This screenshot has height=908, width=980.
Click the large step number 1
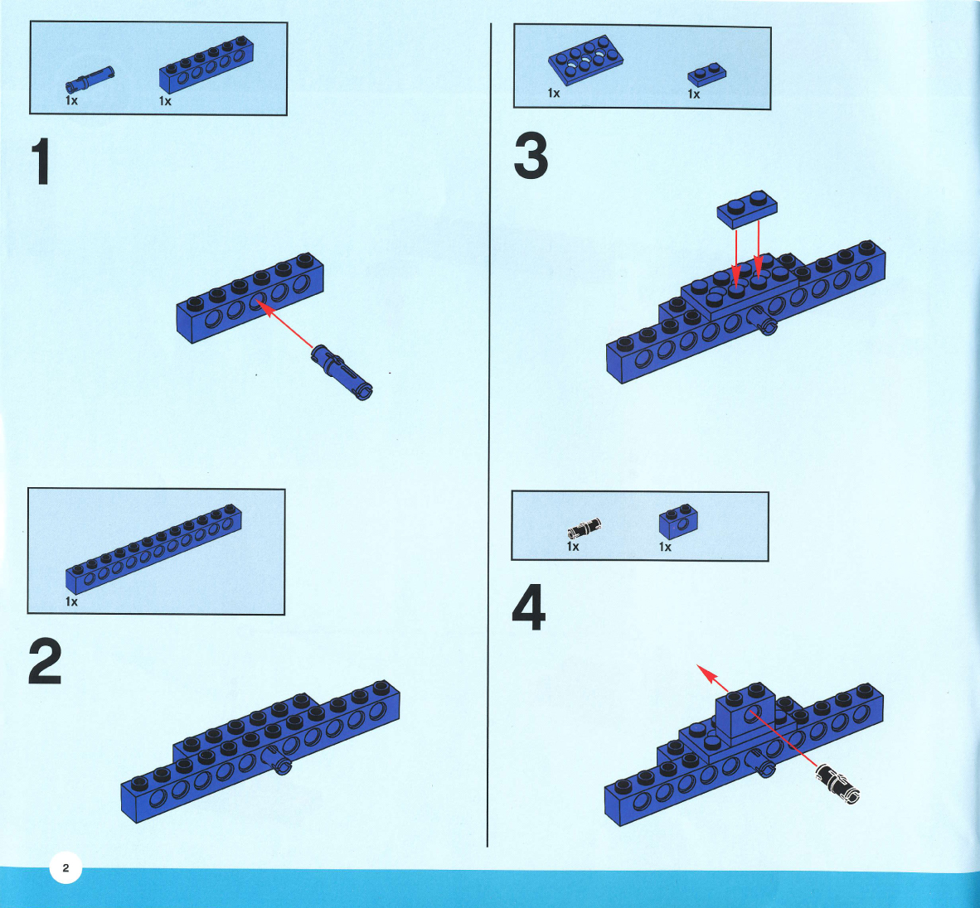click(x=41, y=162)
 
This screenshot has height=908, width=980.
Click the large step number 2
click(x=45, y=661)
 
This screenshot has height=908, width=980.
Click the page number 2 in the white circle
click(x=65, y=867)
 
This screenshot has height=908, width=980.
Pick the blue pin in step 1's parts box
click(x=90, y=80)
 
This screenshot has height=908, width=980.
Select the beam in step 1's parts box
click(x=206, y=65)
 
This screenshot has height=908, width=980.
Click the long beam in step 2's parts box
click(x=153, y=549)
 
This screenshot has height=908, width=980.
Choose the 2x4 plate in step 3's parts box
click(x=585, y=60)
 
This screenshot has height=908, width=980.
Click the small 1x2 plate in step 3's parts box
click(x=707, y=75)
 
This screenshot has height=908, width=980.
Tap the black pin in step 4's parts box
click(x=585, y=529)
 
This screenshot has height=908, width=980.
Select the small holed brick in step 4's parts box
click(x=678, y=521)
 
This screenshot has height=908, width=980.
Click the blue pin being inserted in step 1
click(x=342, y=372)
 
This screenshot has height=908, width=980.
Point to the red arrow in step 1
click(x=285, y=323)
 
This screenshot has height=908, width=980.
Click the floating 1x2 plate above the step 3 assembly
click(x=747, y=210)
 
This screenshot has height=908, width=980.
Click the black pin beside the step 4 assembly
click(x=837, y=783)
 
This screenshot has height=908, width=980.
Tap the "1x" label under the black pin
click(x=573, y=547)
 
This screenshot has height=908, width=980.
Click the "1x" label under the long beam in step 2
click(x=71, y=601)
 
